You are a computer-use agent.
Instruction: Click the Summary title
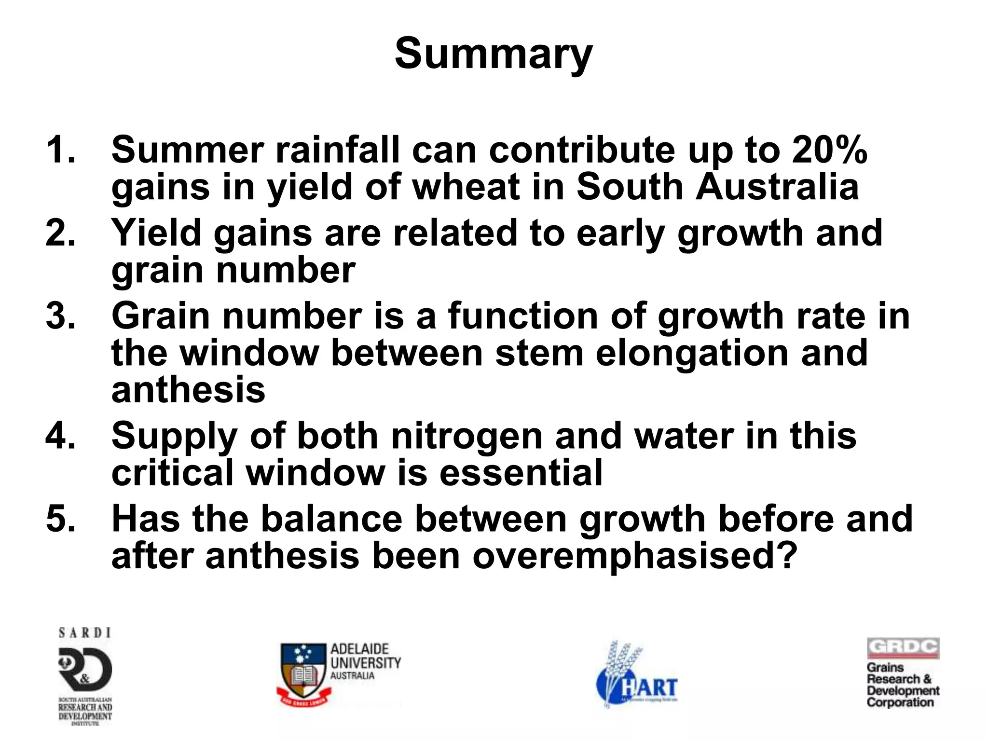click(x=493, y=54)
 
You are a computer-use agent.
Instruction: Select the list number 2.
click(x=60, y=233)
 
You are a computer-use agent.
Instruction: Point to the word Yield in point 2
click(x=156, y=233)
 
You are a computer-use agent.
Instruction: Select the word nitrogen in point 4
click(x=467, y=436)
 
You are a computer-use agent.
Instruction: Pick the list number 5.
click(x=60, y=519)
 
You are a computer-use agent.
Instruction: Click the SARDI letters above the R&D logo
click(x=85, y=633)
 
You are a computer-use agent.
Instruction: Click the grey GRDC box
click(x=903, y=648)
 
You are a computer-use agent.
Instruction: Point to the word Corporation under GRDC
click(x=900, y=702)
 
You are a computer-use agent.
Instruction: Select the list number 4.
click(x=60, y=436)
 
